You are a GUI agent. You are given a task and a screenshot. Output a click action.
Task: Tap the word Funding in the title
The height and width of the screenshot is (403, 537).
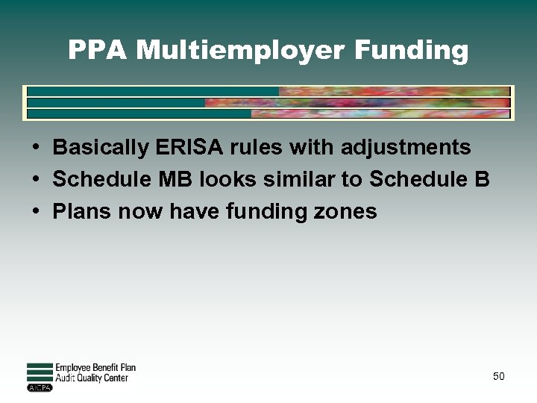pos(412,51)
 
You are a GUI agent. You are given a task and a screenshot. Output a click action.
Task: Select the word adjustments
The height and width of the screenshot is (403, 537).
pos(406,148)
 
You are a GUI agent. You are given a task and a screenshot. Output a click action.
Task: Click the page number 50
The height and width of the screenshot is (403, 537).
pos(498,376)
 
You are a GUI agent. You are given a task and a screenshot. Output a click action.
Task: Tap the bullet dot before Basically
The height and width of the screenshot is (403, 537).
pos(36,148)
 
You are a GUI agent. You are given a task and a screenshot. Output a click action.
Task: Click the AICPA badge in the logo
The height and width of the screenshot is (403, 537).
pos(39,387)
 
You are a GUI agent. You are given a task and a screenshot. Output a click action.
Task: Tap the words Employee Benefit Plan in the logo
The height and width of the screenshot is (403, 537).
pos(95,368)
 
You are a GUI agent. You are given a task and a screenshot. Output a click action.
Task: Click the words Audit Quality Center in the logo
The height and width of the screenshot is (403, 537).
pos(92,378)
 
